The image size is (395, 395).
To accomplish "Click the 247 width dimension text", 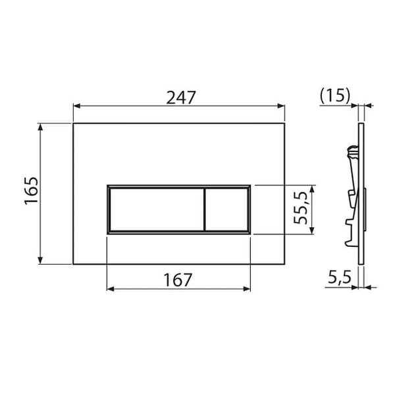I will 178,97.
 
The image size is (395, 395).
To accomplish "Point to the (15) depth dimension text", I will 334,97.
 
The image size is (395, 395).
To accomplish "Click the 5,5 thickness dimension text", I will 337,278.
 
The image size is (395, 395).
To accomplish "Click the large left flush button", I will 155,209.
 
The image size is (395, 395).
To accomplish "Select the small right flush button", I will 226,209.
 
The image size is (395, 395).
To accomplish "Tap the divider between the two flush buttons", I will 204,209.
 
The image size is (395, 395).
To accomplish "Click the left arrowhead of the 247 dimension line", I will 76,105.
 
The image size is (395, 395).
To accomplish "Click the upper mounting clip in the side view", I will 352,156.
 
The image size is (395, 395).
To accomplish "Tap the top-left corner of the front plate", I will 72,122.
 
